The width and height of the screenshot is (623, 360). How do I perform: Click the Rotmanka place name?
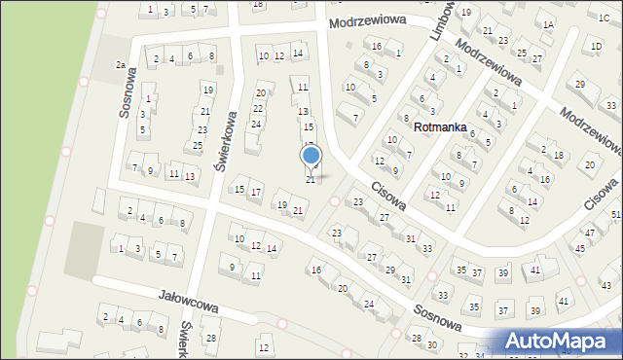440,127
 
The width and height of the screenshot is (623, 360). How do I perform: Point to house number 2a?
121,64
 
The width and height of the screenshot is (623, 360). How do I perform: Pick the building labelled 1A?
549,25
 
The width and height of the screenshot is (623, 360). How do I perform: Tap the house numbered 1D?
596,46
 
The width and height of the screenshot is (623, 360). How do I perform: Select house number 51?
616,214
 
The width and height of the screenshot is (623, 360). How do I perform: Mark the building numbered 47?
590,233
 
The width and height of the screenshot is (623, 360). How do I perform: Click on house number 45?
580,248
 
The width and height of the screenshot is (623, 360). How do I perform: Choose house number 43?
605,285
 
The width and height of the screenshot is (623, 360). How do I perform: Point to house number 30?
432,345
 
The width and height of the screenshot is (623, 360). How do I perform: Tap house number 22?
258,107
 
